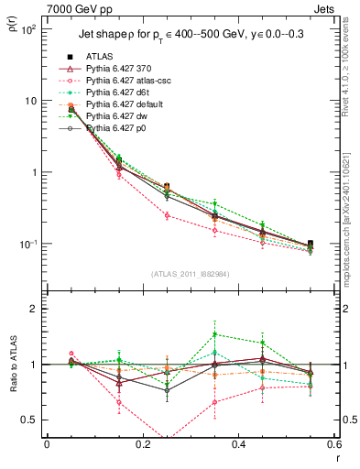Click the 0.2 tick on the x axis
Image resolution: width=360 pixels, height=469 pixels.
[142, 446]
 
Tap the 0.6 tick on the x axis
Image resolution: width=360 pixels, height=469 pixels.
[333, 446]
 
